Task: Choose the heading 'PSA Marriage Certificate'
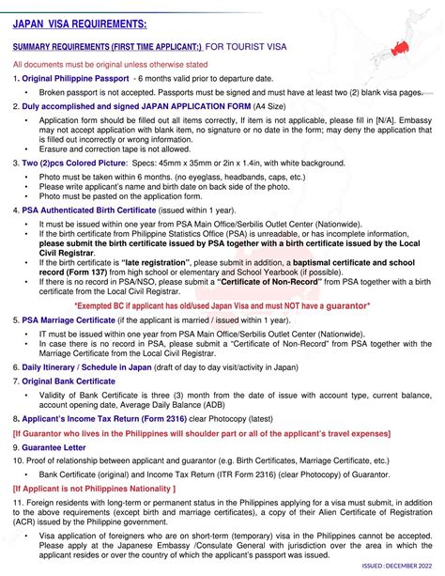coord(74,319)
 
